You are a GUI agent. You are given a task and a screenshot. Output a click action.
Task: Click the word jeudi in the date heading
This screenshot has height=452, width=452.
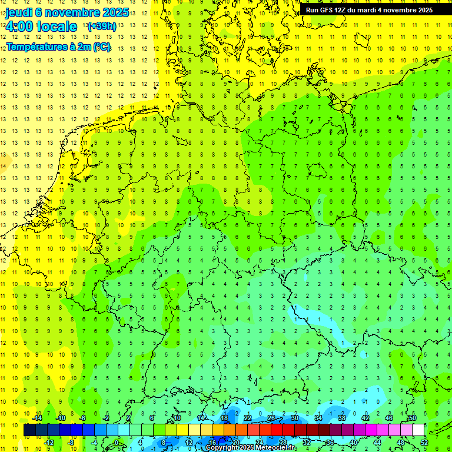tap(19, 13)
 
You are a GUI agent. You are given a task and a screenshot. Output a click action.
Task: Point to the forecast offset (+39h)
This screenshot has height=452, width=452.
tap(101, 26)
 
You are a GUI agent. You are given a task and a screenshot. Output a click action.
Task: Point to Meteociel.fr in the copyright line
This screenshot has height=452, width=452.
tap(275, 448)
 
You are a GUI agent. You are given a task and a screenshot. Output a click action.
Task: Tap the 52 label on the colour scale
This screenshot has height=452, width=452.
tap(424, 443)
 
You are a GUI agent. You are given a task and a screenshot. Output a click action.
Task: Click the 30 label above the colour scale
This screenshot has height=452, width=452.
tap(295, 418)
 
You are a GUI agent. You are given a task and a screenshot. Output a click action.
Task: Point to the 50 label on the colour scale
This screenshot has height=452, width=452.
tap(413, 418)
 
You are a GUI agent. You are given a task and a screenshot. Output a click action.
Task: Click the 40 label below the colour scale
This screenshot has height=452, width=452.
tap(354, 443)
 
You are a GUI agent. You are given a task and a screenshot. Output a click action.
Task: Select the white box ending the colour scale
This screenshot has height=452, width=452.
tap(418, 430)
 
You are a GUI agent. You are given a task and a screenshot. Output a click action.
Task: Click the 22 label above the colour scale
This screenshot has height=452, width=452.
tap(248, 418)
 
